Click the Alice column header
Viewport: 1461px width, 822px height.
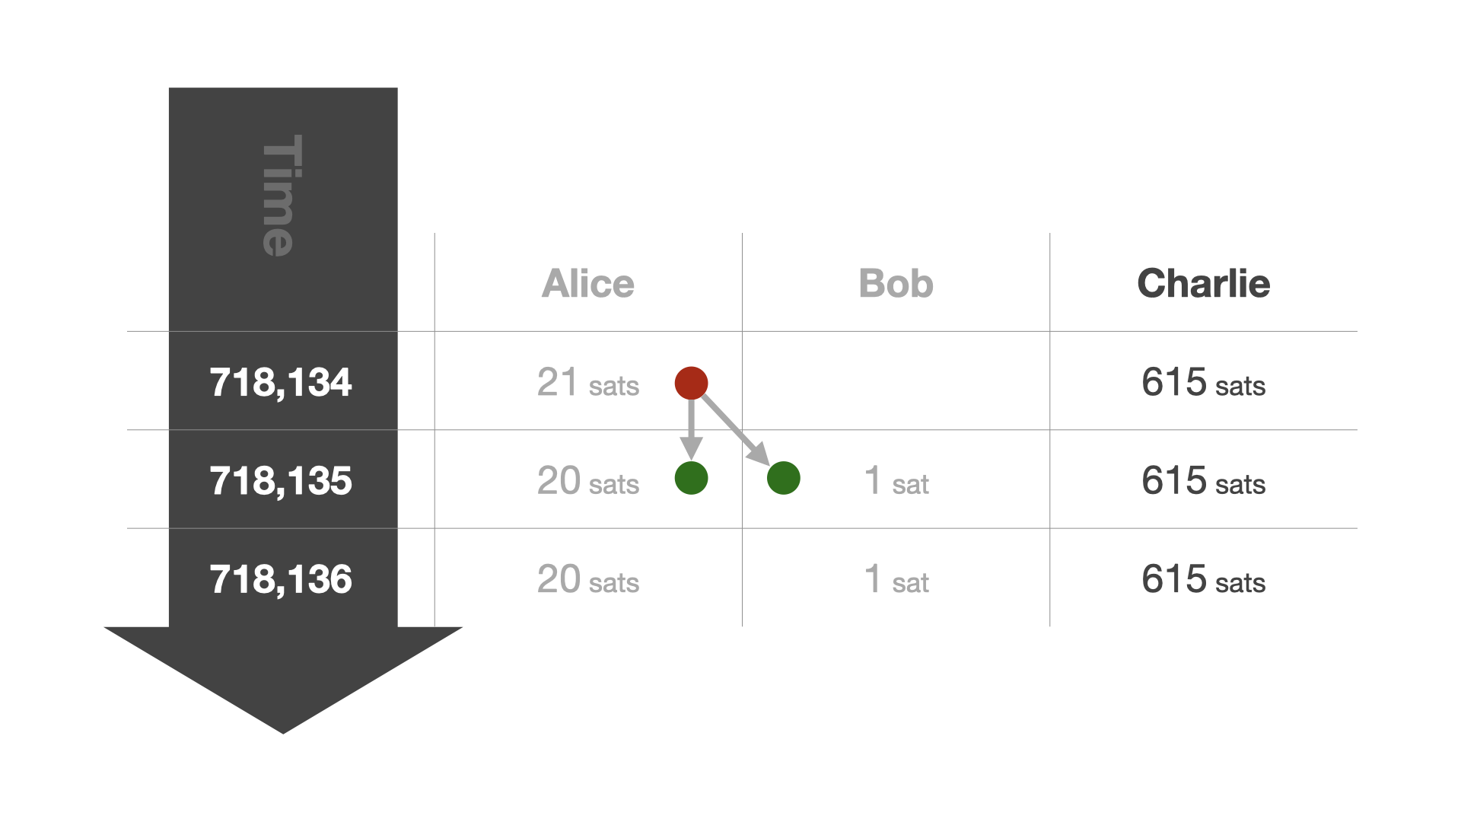click(x=588, y=284)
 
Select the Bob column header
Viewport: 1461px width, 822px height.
click(x=896, y=284)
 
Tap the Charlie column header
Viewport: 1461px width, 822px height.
click(x=1204, y=284)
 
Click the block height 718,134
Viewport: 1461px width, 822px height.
click(x=281, y=383)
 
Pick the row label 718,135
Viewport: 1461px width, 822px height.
click(x=281, y=481)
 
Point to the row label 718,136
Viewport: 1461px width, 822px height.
click(x=281, y=580)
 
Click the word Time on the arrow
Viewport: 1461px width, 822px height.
click(x=282, y=196)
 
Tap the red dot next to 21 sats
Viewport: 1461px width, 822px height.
click(x=691, y=383)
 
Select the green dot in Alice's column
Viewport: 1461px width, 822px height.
click(x=691, y=478)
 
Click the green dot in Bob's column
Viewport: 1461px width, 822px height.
click(x=784, y=478)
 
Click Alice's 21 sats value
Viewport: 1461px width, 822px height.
click(x=588, y=383)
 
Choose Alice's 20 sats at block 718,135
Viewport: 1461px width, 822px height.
click(x=588, y=481)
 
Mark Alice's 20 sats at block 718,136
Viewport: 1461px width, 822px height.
click(x=588, y=580)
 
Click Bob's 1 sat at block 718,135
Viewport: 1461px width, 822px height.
click(x=896, y=481)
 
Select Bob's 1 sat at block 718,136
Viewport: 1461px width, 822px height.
click(x=896, y=580)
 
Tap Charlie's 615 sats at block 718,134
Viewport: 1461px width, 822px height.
click(x=1204, y=383)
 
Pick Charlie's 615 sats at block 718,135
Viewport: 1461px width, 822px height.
click(x=1204, y=481)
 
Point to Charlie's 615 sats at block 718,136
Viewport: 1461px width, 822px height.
click(x=1204, y=580)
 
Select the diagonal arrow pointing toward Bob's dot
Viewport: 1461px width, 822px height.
click(x=736, y=429)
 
